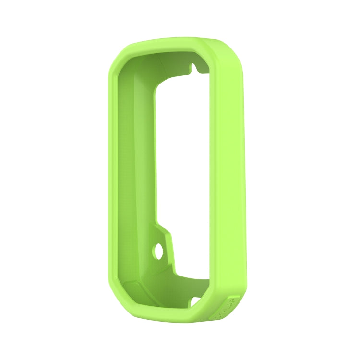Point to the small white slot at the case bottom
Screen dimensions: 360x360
[x=196, y=302]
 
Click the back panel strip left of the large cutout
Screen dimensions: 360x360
[x=144, y=168]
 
